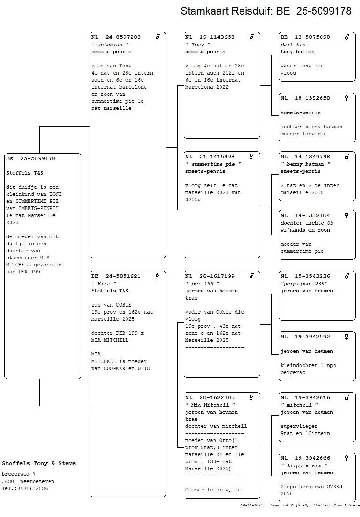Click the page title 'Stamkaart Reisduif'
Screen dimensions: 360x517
click(x=226, y=11)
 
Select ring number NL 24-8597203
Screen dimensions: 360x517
click(x=116, y=37)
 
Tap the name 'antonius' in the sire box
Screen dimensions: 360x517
click(x=110, y=45)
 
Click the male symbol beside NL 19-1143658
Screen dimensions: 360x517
click(x=252, y=37)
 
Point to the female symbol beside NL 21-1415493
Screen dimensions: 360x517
click(x=251, y=157)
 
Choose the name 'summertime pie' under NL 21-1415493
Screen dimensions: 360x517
click(x=213, y=164)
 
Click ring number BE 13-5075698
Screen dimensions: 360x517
click(x=305, y=37)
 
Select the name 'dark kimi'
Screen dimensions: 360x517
click(x=294, y=45)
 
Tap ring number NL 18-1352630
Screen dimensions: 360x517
click(x=305, y=98)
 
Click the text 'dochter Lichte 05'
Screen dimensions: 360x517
click(x=307, y=223)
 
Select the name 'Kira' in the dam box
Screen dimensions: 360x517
click(x=104, y=284)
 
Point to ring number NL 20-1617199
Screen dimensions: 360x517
click(x=210, y=276)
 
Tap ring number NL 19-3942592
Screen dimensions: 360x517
click(x=305, y=337)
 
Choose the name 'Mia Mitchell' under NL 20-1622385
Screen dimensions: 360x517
click(x=210, y=405)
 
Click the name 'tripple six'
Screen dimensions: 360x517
click(x=304, y=465)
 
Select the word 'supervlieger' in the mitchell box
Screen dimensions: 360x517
click(x=299, y=426)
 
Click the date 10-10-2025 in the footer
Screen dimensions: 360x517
click(x=251, y=505)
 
